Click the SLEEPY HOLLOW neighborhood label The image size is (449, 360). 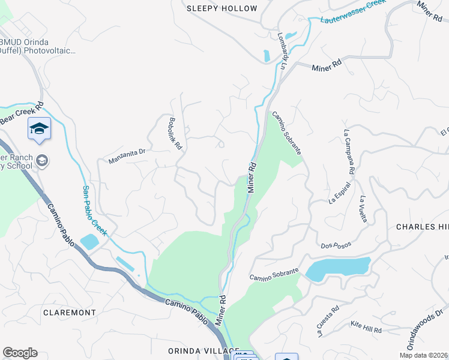[x=221, y=8]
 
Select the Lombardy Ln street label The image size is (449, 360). [x=281, y=51]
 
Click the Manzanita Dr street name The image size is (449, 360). [x=127, y=156]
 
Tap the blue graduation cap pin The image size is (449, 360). [x=40, y=129]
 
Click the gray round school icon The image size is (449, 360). [x=42, y=161]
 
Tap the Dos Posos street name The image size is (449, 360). [x=335, y=245]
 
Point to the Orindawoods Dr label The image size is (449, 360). [x=427, y=329]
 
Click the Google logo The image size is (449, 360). [x=20, y=353]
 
